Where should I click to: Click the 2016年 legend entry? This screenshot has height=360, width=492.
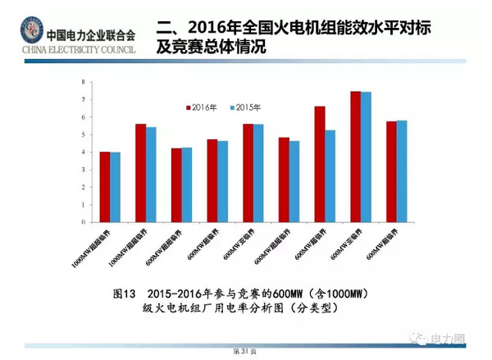click(202, 107)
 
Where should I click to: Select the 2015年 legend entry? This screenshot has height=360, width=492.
click(244, 107)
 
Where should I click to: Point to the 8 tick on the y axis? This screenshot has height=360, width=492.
click(84, 82)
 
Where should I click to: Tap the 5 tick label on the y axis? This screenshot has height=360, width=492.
click(84, 134)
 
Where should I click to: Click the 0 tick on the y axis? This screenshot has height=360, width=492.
click(84, 221)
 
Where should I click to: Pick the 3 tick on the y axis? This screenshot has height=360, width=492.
click(84, 170)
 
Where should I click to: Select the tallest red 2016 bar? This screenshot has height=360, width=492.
click(355, 156)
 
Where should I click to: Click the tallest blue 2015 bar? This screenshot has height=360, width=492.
click(366, 156)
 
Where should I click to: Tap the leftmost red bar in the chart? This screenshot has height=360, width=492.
click(104, 186)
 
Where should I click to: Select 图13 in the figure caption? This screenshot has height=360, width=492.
click(123, 293)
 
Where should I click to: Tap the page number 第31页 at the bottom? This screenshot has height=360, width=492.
click(245, 350)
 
